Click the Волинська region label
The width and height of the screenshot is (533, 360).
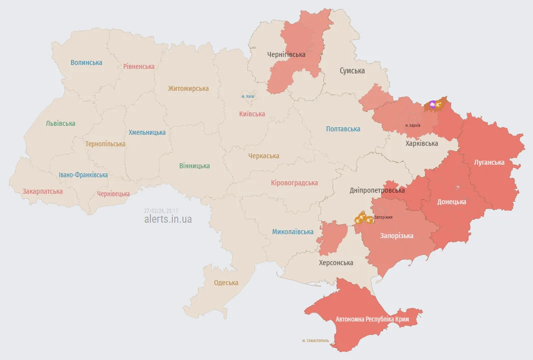[x=86, y=62]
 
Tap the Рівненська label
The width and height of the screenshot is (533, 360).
[x=139, y=66]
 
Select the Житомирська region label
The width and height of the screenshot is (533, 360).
[x=188, y=88]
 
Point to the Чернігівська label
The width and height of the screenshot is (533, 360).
[x=286, y=54]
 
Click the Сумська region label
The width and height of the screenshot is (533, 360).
[x=352, y=71]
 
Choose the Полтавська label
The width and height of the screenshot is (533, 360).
[x=343, y=129]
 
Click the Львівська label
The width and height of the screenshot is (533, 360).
[x=60, y=123]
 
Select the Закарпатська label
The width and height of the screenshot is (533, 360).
[x=42, y=191]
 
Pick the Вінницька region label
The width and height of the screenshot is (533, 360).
[x=194, y=166]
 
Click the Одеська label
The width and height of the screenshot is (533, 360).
[x=226, y=283]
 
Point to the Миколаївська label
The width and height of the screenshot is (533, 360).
[x=293, y=232]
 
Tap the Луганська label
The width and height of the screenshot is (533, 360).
[x=490, y=162]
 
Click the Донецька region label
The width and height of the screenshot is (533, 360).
[x=452, y=202]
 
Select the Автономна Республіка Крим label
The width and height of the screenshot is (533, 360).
[x=372, y=319]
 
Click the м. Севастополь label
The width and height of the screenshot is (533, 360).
[x=316, y=341]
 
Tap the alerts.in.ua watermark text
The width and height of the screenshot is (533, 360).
[x=168, y=219]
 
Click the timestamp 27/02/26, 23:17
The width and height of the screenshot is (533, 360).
[x=161, y=211]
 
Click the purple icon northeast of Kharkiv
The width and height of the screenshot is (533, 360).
[x=433, y=105]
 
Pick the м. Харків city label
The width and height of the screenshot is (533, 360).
[x=413, y=125]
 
